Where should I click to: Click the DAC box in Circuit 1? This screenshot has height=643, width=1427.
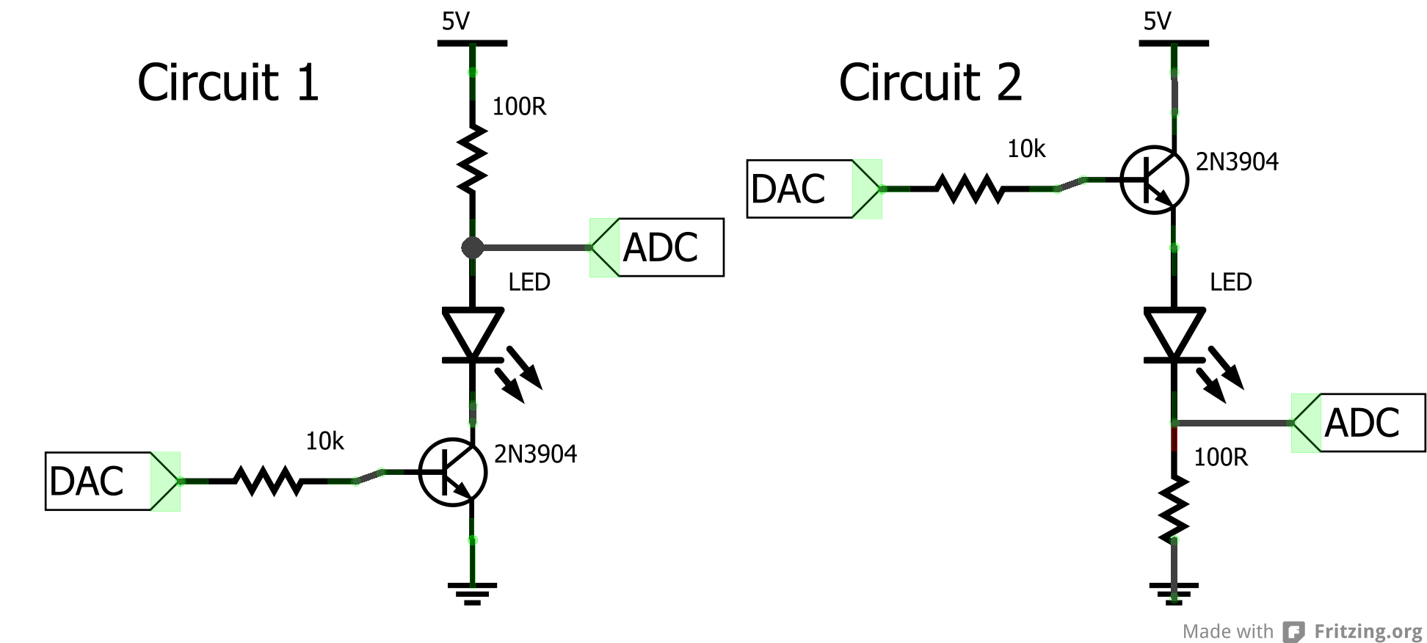[99, 482]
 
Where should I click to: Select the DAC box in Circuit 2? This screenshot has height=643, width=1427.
[800, 189]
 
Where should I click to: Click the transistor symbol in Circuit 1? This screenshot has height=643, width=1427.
[452, 472]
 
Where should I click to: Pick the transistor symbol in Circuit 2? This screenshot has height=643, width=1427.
[1154, 179]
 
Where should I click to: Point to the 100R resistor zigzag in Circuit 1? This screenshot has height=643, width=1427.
[472, 159]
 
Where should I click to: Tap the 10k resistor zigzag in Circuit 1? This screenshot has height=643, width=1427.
[268, 482]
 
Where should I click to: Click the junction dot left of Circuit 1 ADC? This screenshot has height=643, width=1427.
[472, 247]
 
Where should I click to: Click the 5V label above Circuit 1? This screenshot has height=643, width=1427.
[455, 21]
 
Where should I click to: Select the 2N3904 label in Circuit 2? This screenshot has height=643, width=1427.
[1237, 161]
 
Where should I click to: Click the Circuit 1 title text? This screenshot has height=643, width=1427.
[228, 82]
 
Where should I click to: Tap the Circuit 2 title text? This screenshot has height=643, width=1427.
[930, 82]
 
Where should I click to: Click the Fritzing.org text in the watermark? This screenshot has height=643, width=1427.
[1368, 631]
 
